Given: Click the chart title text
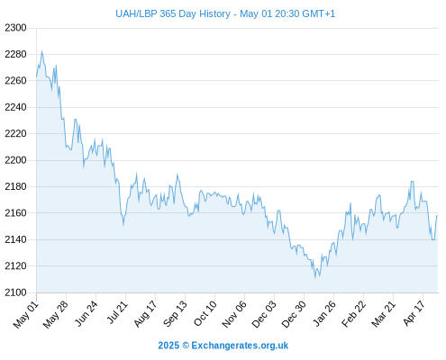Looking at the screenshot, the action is (225, 13).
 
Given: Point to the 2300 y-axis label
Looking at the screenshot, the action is (15, 28).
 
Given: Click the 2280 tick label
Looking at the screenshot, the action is (15, 54).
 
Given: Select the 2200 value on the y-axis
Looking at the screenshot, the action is (15, 160).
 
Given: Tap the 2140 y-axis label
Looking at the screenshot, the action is (15, 239).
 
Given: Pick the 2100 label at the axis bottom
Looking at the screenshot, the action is (15, 292).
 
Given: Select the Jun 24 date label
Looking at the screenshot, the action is (86, 313).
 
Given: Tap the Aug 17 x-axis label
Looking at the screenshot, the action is (145, 314).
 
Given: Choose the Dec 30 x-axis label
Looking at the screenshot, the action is (294, 314).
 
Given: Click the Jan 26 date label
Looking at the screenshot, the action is (324, 313).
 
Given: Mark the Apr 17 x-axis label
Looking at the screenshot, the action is (414, 313).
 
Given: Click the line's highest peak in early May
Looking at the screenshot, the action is (41, 51).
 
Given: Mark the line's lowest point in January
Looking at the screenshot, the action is (315, 278).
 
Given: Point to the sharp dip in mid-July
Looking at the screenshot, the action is (123, 225).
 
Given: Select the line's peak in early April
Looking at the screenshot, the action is (413, 181).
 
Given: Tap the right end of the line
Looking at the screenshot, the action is (437, 215).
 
